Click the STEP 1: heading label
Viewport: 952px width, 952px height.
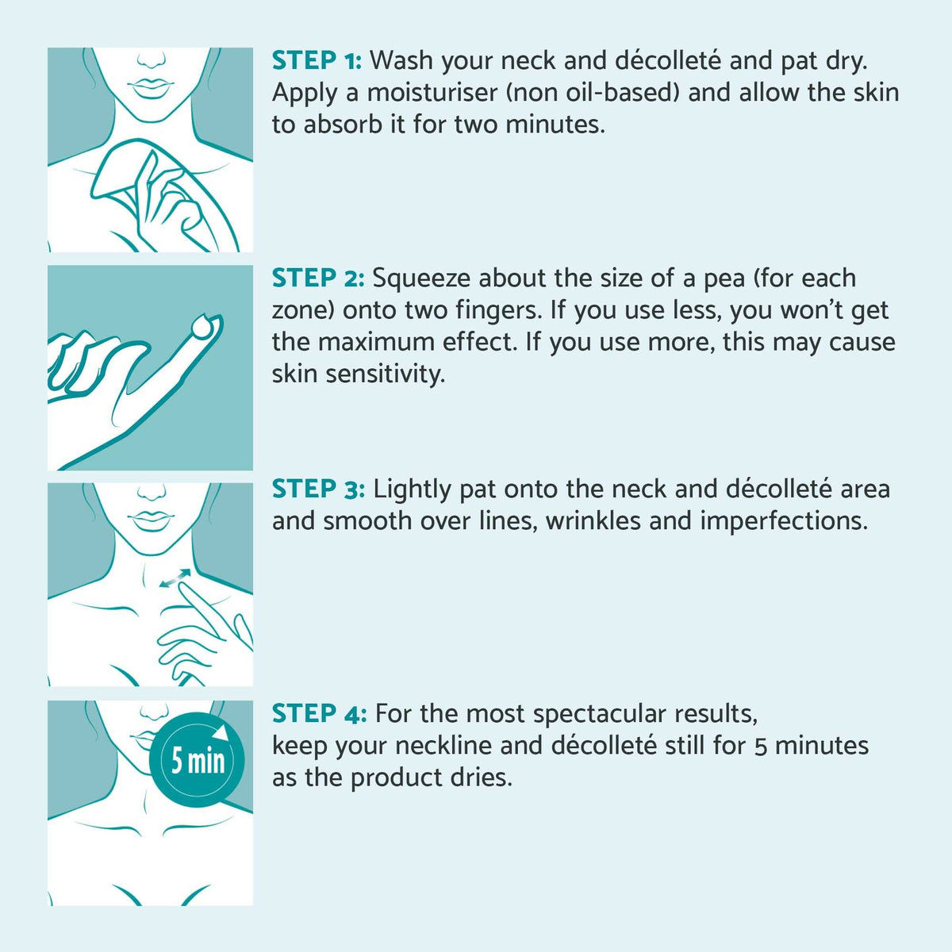(x=317, y=60)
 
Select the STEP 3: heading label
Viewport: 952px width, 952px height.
(x=318, y=489)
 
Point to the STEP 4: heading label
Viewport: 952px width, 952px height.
(x=319, y=714)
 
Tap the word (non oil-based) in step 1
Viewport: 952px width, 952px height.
(x=593, y=92)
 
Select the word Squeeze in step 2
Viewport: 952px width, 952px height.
(x=421, y=279)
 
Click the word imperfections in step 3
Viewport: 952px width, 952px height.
(x=784, y=522)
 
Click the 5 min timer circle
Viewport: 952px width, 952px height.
(x=197, y=760)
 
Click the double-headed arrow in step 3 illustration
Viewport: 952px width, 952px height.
(x=175, y=578)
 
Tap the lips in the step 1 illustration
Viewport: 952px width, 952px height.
(x=151, y=87)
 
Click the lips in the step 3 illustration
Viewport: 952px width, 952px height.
(x=151, y=521)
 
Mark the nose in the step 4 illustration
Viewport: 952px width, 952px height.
(x=154, y=712)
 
